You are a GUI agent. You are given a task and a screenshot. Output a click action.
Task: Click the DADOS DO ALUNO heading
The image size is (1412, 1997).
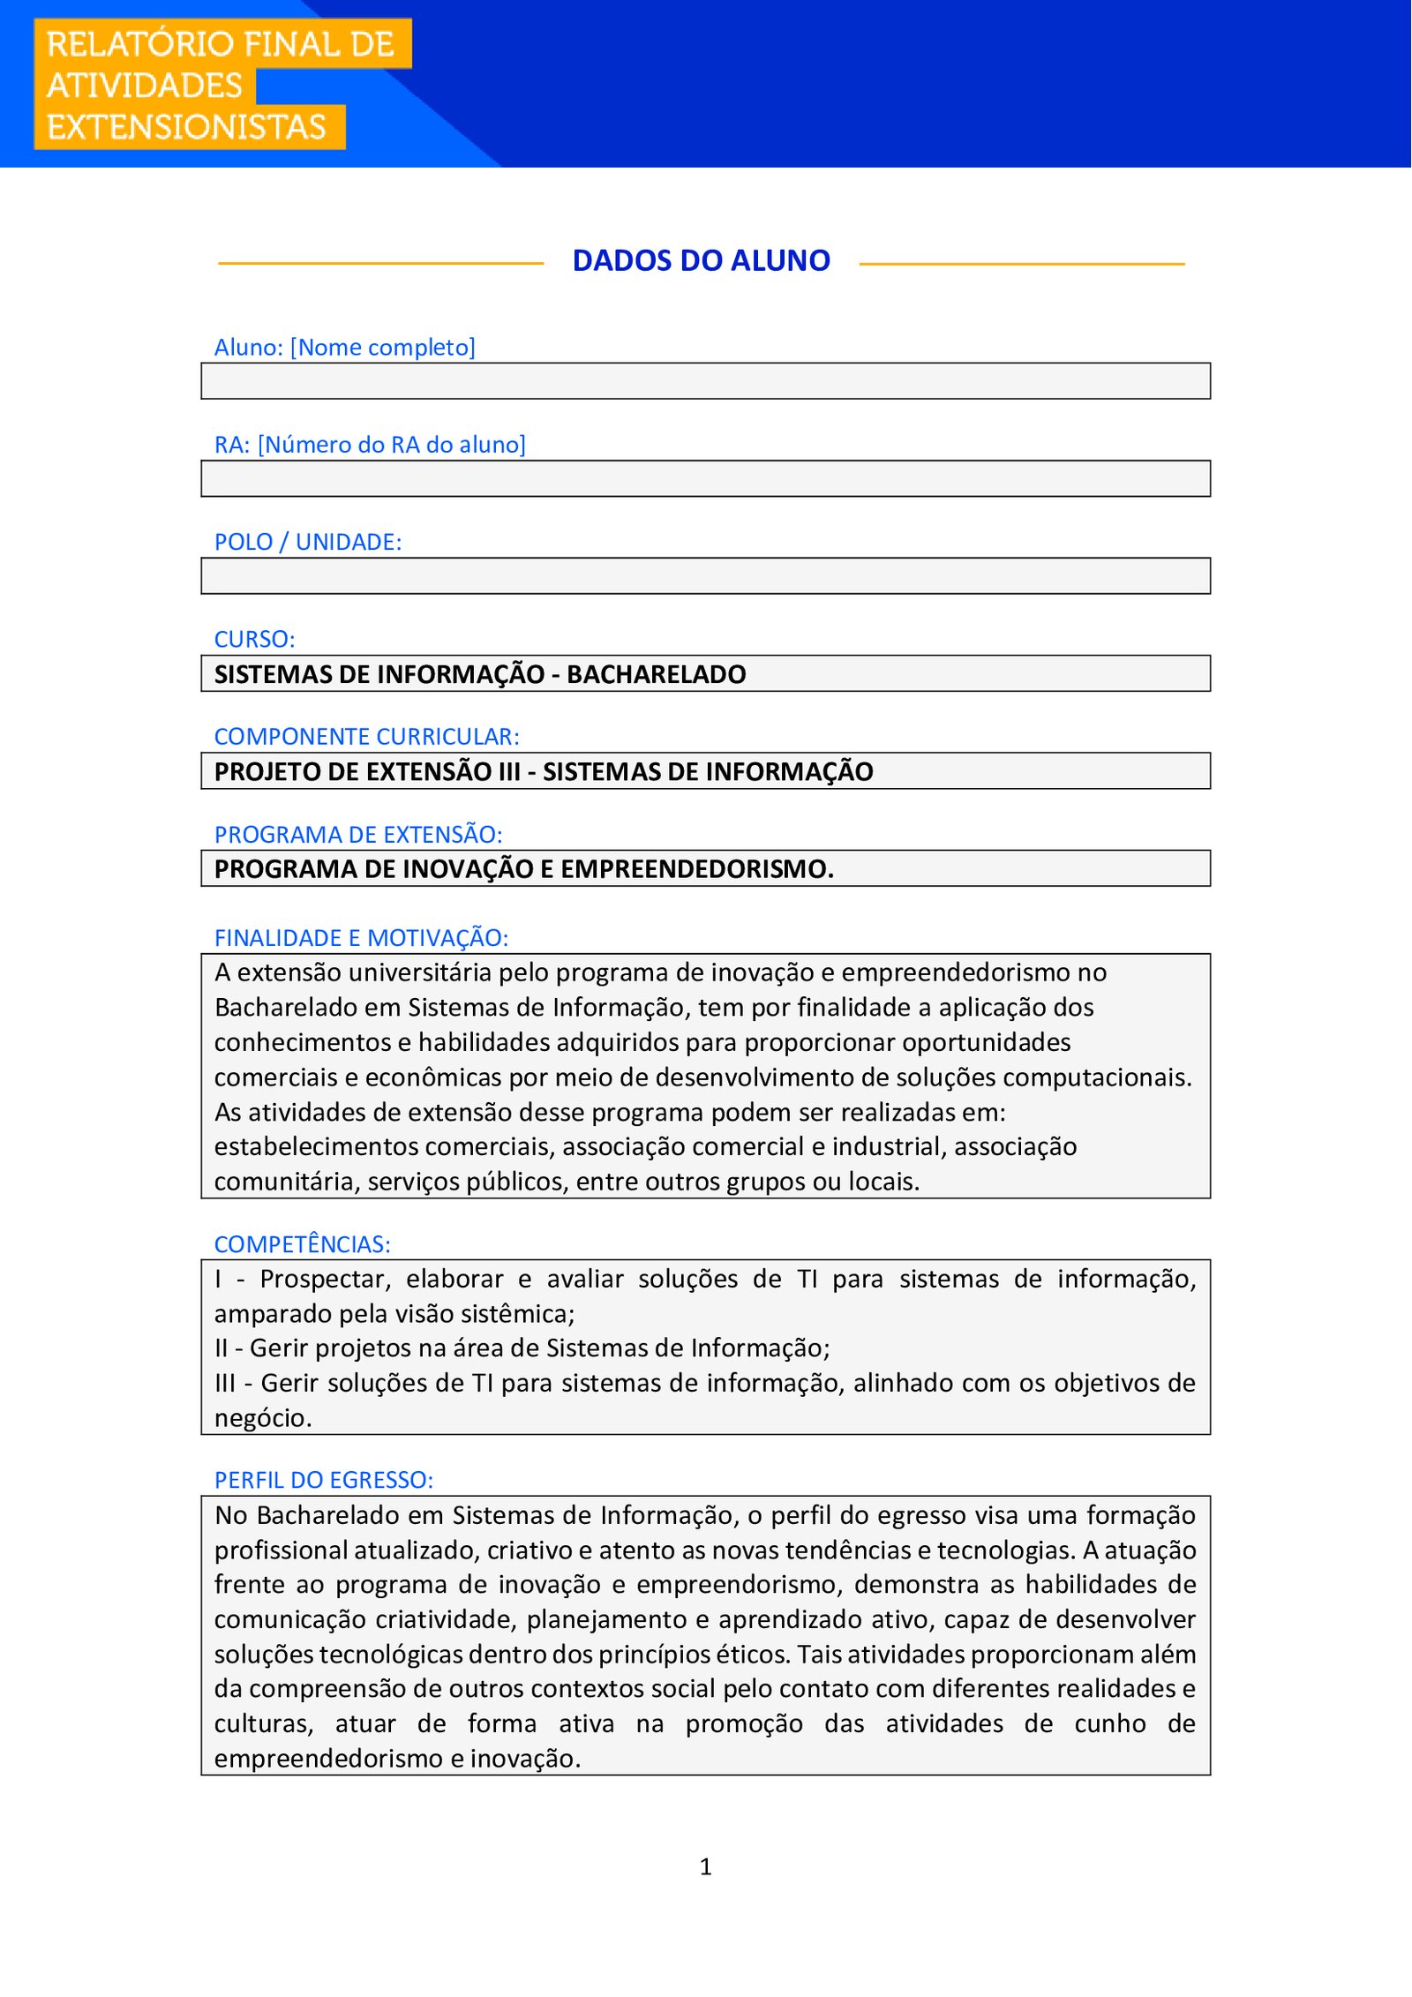tap(701, 261)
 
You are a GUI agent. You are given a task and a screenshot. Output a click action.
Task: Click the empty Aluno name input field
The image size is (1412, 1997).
tap(705, 381)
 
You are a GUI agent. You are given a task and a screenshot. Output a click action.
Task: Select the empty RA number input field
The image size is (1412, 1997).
tap(705, 478)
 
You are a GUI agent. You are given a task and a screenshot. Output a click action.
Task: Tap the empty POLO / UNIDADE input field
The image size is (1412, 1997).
tap(705, 576)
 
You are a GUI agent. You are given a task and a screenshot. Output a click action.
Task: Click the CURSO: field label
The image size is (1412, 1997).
tap(254, 639)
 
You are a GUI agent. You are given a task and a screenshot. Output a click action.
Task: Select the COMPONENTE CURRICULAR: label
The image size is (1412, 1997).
tap(366, 736)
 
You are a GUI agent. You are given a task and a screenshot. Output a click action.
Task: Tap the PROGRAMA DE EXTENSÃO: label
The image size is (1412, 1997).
tap(357, 834)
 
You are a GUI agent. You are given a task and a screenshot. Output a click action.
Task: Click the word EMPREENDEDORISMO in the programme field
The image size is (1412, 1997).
tap(696, 869)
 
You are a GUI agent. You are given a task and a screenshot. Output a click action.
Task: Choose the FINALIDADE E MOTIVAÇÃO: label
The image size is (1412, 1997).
tap(361, 937)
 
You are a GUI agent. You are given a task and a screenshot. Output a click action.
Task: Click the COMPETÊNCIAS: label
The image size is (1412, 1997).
tap(302, 1244)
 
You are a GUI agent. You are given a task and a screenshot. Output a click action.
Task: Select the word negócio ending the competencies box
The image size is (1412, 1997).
tap(262, 1418)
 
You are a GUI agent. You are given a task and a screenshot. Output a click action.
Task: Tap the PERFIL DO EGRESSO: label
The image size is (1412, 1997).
tap(323, 1480)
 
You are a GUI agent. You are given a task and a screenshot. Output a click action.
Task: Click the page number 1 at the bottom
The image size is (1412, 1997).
tap(705, 1866)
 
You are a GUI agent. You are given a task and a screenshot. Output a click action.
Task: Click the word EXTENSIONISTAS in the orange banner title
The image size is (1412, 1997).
tap(186, 127)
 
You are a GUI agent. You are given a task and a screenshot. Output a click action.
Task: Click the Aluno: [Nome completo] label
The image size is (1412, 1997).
tap(344, 348)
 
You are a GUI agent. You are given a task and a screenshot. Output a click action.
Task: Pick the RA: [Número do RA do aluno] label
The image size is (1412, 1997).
tap(369, 445)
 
